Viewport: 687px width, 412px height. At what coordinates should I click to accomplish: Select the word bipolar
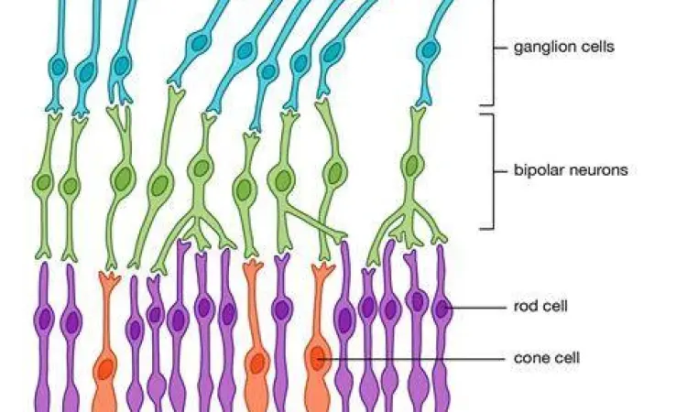[x=538, y=170]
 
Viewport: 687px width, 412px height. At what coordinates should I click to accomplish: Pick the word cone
[x=529, y=358]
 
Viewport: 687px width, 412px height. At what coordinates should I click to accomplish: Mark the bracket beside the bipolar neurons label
[x=492, y=170]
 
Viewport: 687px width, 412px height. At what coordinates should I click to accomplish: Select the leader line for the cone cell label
[x=412, y=358]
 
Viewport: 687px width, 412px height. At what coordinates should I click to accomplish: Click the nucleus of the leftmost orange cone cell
[x=105, y=369]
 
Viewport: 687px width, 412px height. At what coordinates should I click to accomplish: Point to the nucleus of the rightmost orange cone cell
[x=317, y=359]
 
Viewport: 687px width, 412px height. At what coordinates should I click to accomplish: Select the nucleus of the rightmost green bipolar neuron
[x=412, y=166]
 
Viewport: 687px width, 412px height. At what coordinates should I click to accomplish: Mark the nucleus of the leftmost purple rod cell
[x=43, y=320]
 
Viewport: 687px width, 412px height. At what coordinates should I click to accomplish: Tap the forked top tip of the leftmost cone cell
[x=107, y=276]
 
